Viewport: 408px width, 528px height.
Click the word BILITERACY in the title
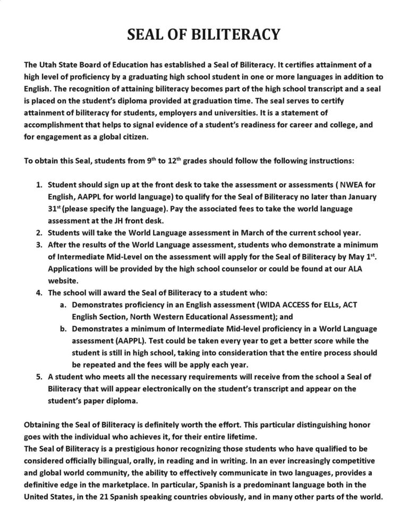[235, 35]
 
